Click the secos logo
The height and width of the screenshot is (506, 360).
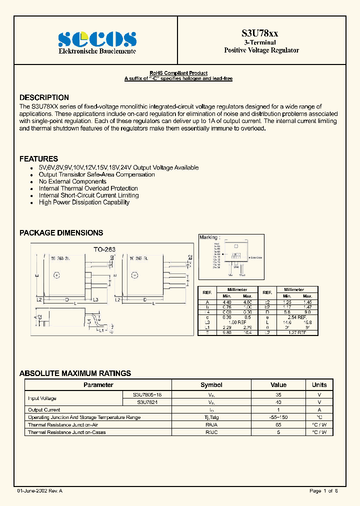click(97, 39)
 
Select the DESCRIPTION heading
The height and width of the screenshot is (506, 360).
click(44, 97)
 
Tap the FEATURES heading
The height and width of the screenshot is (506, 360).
click(38, 158)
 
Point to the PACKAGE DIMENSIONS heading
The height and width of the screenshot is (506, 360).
click(61, 232)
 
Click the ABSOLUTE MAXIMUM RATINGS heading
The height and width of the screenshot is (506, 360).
click(75, 373)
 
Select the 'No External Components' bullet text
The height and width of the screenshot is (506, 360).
click(72, 181)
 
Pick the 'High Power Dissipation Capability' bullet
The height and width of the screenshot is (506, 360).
click(84, 202)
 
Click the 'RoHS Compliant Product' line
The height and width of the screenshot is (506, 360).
click(178, 73)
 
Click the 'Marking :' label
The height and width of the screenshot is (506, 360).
click(209, 237)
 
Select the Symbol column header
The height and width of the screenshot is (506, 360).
click(211, 385)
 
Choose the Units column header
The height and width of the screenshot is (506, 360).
click(319, 385)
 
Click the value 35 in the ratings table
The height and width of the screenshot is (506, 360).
click(278, 394)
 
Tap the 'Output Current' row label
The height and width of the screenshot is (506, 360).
click(44, 409)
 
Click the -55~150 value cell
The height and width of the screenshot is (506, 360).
click(278, 417)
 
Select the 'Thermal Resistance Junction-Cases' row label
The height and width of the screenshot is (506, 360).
click(67, 432)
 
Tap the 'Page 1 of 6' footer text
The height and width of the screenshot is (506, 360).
click(323, 491)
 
